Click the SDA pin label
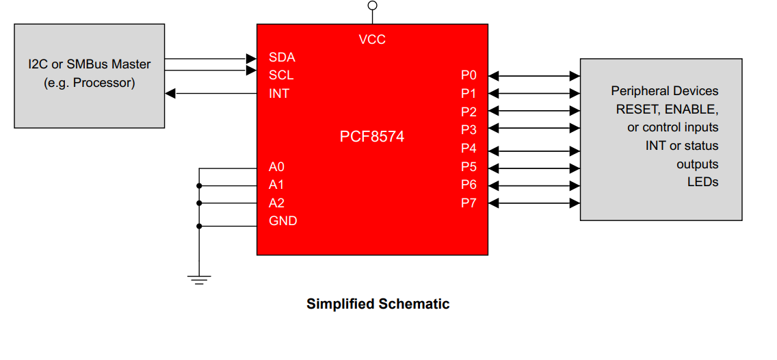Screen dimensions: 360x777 click(282, 57)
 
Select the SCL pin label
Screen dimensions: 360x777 click(281, 75)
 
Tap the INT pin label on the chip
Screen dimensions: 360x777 click(279, 94)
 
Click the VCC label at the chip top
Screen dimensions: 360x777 click(372, 40)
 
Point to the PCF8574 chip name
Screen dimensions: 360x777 click(372, 137)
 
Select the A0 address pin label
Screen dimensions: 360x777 click(276, 167)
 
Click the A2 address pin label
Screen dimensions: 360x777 click(276, 203)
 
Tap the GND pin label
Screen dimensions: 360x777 click(283, 221)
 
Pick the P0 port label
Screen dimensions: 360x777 click(469, 75)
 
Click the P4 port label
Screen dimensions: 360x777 click(469, 149)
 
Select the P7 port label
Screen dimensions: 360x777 click(469, 203)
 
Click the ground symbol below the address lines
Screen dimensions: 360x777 click(199, 279)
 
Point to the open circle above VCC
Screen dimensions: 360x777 click(372, 5)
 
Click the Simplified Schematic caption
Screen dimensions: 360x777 click(378, 304)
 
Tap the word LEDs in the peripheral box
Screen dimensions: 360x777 click(702, 182)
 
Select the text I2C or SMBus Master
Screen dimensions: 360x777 click(90, 64)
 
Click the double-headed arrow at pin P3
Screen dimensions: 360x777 click(534, 129)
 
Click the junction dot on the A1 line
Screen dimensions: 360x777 click(199, 185)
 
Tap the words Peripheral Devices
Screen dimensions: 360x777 click(664, 91)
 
